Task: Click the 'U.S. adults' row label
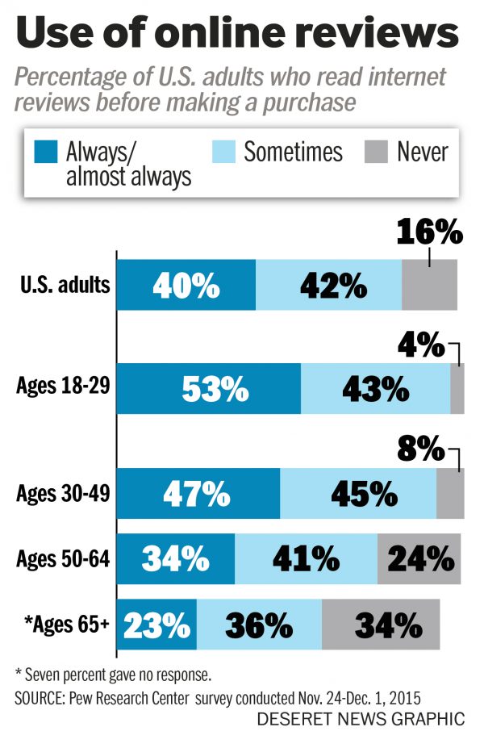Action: point(64,285)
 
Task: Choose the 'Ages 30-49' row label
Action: point(63,492)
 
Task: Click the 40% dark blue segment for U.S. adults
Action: point(186,285)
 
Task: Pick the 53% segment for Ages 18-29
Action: point(209,388)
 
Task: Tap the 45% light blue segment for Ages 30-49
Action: point(358,492)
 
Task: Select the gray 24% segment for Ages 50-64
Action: point(419,558)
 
